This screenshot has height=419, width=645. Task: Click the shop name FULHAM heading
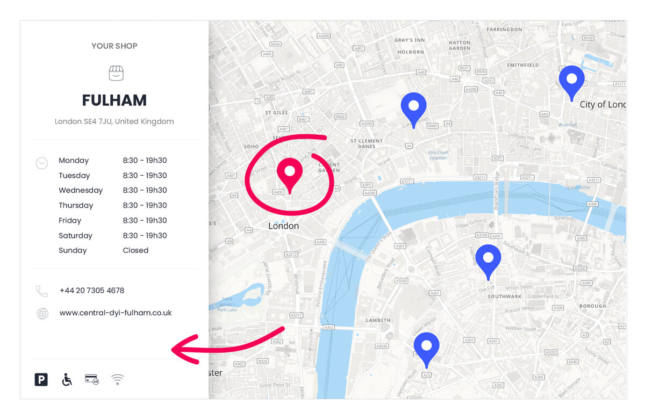114,100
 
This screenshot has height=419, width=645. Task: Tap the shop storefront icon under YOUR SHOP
116,74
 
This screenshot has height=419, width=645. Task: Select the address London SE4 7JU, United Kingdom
114,121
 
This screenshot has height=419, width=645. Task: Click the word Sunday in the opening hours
73,250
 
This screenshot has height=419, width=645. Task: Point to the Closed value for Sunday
135,250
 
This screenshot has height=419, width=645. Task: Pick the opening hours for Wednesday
145,190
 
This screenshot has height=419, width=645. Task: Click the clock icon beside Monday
42,163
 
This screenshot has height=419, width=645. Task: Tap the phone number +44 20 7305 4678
92,291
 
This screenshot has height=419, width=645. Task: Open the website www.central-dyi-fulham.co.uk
116,313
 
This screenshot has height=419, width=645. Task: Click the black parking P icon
41,380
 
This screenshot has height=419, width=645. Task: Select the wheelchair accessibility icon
67,380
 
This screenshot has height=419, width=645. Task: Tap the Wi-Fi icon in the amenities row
118,380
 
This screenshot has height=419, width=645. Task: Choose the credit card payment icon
92,379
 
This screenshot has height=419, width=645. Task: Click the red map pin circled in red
290,174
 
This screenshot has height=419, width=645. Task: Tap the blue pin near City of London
571,81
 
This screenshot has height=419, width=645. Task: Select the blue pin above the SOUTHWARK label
488,260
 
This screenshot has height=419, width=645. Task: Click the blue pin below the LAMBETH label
426,348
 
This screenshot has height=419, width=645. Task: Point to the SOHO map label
251,147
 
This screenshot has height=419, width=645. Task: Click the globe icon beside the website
42,314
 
